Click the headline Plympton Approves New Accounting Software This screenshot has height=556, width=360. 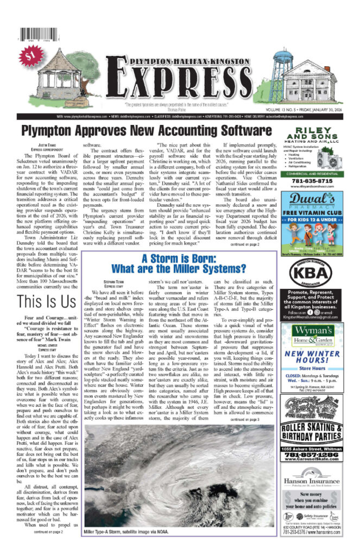coord(146,131)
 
